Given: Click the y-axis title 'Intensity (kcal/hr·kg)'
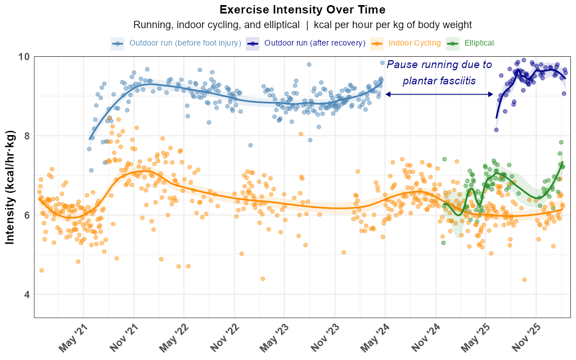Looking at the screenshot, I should click(x=10, y=187).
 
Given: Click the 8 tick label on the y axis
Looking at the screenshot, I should click(x=25, y=136).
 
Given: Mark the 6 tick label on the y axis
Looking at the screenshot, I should click(x=25, y=215).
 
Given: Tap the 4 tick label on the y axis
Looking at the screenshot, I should click(x=25, y=294).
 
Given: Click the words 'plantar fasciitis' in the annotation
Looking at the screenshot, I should click(x=439, y=80).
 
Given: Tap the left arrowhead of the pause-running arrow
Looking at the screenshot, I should click(x=388, y=94).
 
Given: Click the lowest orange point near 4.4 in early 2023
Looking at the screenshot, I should click(x=262, y=278).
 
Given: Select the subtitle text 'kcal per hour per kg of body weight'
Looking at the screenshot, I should click(x=393, y=25).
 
